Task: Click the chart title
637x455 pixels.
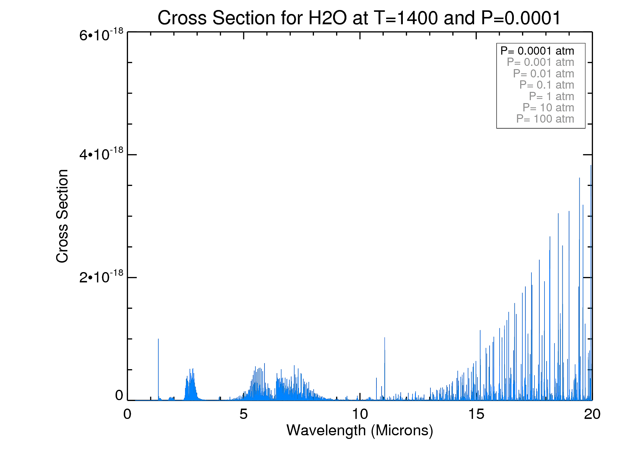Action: point(359,18)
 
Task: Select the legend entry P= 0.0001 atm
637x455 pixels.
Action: point(537,51)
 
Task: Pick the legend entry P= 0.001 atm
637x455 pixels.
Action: point(540,62)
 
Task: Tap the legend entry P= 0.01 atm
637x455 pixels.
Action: point(543,74)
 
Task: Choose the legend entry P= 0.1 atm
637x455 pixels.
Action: point(547,85)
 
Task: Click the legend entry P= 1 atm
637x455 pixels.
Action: point(551,96)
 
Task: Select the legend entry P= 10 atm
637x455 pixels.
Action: point(548,108)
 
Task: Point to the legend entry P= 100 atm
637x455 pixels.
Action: point(545,119)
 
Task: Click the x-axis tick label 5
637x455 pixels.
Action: point(243,414)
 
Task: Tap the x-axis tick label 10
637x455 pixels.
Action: point(360,414)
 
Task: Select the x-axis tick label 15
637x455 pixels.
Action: point(476,414)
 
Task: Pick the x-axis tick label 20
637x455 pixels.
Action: point(592,414)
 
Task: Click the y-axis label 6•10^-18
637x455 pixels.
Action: point(101,35)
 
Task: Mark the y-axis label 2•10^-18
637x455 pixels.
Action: point(101,277)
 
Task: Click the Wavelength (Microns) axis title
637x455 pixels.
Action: point(360,430)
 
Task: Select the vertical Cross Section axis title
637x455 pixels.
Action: point(62,216)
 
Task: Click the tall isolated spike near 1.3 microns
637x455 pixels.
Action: point(158,364)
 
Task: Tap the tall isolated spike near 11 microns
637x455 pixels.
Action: point(385,364)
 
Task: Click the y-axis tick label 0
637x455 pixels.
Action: point(119,396)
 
